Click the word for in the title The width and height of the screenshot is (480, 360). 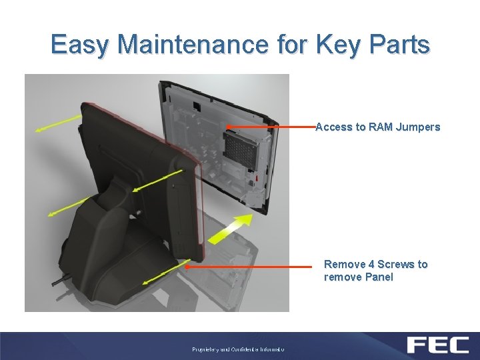[291, 45]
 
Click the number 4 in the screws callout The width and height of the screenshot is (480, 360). [371, 264]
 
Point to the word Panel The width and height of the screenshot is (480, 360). [377, 277]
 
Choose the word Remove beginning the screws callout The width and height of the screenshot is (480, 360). [344, 264]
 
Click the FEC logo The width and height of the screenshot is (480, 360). [436, 345]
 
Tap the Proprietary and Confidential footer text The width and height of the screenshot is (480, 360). [238, 349]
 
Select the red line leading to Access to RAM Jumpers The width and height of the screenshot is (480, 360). [270, 126]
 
